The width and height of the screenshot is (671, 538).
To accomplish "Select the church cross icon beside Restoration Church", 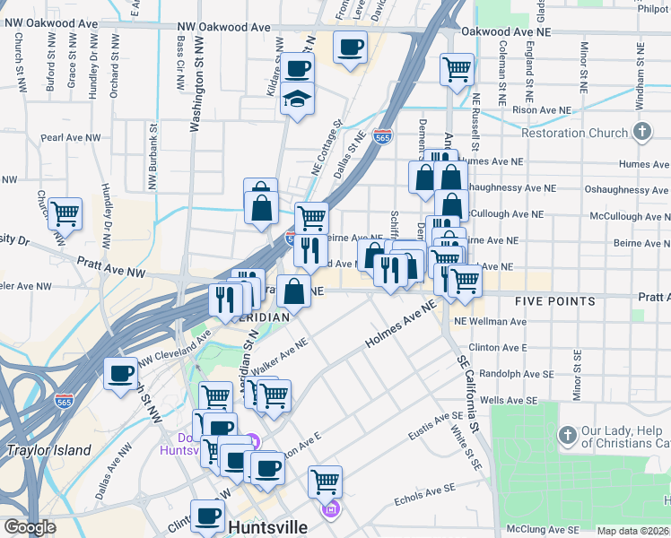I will [641, 133].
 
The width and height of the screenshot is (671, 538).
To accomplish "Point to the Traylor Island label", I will [48, 450].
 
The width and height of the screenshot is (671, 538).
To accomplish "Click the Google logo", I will [30, 527].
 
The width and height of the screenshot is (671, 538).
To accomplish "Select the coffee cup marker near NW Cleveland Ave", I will [120, 373].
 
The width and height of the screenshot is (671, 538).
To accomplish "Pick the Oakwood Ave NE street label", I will [504, 31].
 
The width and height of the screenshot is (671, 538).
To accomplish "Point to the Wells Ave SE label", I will [505, 399].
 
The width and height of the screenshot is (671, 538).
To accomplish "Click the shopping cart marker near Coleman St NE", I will [457, 69].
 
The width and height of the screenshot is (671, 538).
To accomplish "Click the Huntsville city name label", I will [269, 527].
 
